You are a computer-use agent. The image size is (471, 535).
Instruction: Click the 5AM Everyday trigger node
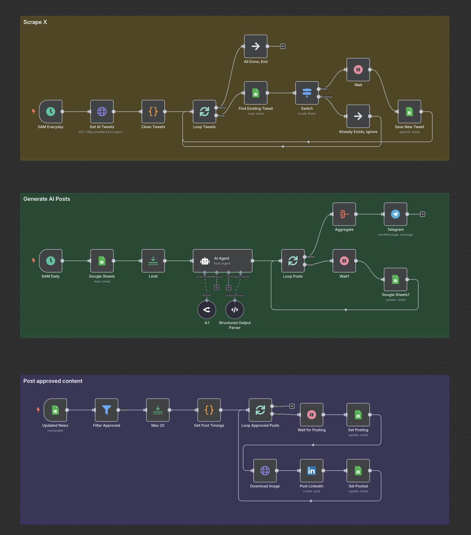pyautogui.click(x=50, y=111)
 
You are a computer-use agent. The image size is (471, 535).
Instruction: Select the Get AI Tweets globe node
pyautogui.click(x=102, y=111)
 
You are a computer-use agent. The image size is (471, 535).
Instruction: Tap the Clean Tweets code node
pyautogui.click(x=153, y=111)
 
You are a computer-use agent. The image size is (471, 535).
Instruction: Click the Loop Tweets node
pyautogui.click(x=205, y=111)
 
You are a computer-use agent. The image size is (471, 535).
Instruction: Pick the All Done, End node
pyautogui.click(x=256, y=46)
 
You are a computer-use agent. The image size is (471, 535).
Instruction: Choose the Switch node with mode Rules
pyautogui.click(x=307, y=93)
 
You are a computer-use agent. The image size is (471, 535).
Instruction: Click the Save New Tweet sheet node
pyautogui.click(x=409, y=111)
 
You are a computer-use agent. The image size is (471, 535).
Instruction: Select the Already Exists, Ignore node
pyautogui.click(x=358, y=116)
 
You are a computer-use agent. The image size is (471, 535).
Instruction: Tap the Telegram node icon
pyautogui.click(x=395, y=214)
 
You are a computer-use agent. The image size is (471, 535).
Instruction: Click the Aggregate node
pyautogui.click(x=344, y=214)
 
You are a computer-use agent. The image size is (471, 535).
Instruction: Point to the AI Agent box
pyautogui.click(x=222, y=261)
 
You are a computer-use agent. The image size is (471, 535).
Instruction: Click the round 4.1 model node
pyautogui.click(x=207, y=309)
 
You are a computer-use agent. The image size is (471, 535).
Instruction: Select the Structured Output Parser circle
pyautogui.click(x=235, y=309)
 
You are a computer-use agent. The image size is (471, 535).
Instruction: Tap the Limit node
pyautogui.click(x=153, y=261)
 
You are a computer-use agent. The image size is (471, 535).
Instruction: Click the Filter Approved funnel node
pyautogui.click(x=106, y=410)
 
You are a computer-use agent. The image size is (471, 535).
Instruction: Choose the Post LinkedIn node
pyautogui.click(x=311, y=471)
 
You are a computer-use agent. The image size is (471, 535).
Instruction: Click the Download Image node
pyautogui.click(x=265, y=471)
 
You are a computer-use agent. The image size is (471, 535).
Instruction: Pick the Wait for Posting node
pyautogui.click(x=311, y=415)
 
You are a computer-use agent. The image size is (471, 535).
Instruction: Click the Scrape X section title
pyautogui.click(x=35, y=22)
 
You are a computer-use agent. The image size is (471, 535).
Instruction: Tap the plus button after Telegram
pyautogui.click(x=422, y=214)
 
